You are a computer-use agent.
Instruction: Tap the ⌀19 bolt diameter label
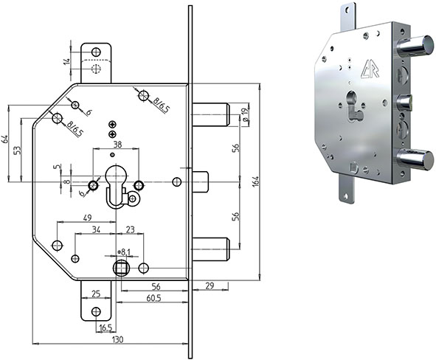244,114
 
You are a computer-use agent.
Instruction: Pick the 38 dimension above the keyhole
117,145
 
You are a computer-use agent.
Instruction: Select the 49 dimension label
86,218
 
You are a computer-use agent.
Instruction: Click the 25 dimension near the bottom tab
95,294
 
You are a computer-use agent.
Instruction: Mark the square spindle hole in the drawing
120,267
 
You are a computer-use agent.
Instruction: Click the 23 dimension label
130,229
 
